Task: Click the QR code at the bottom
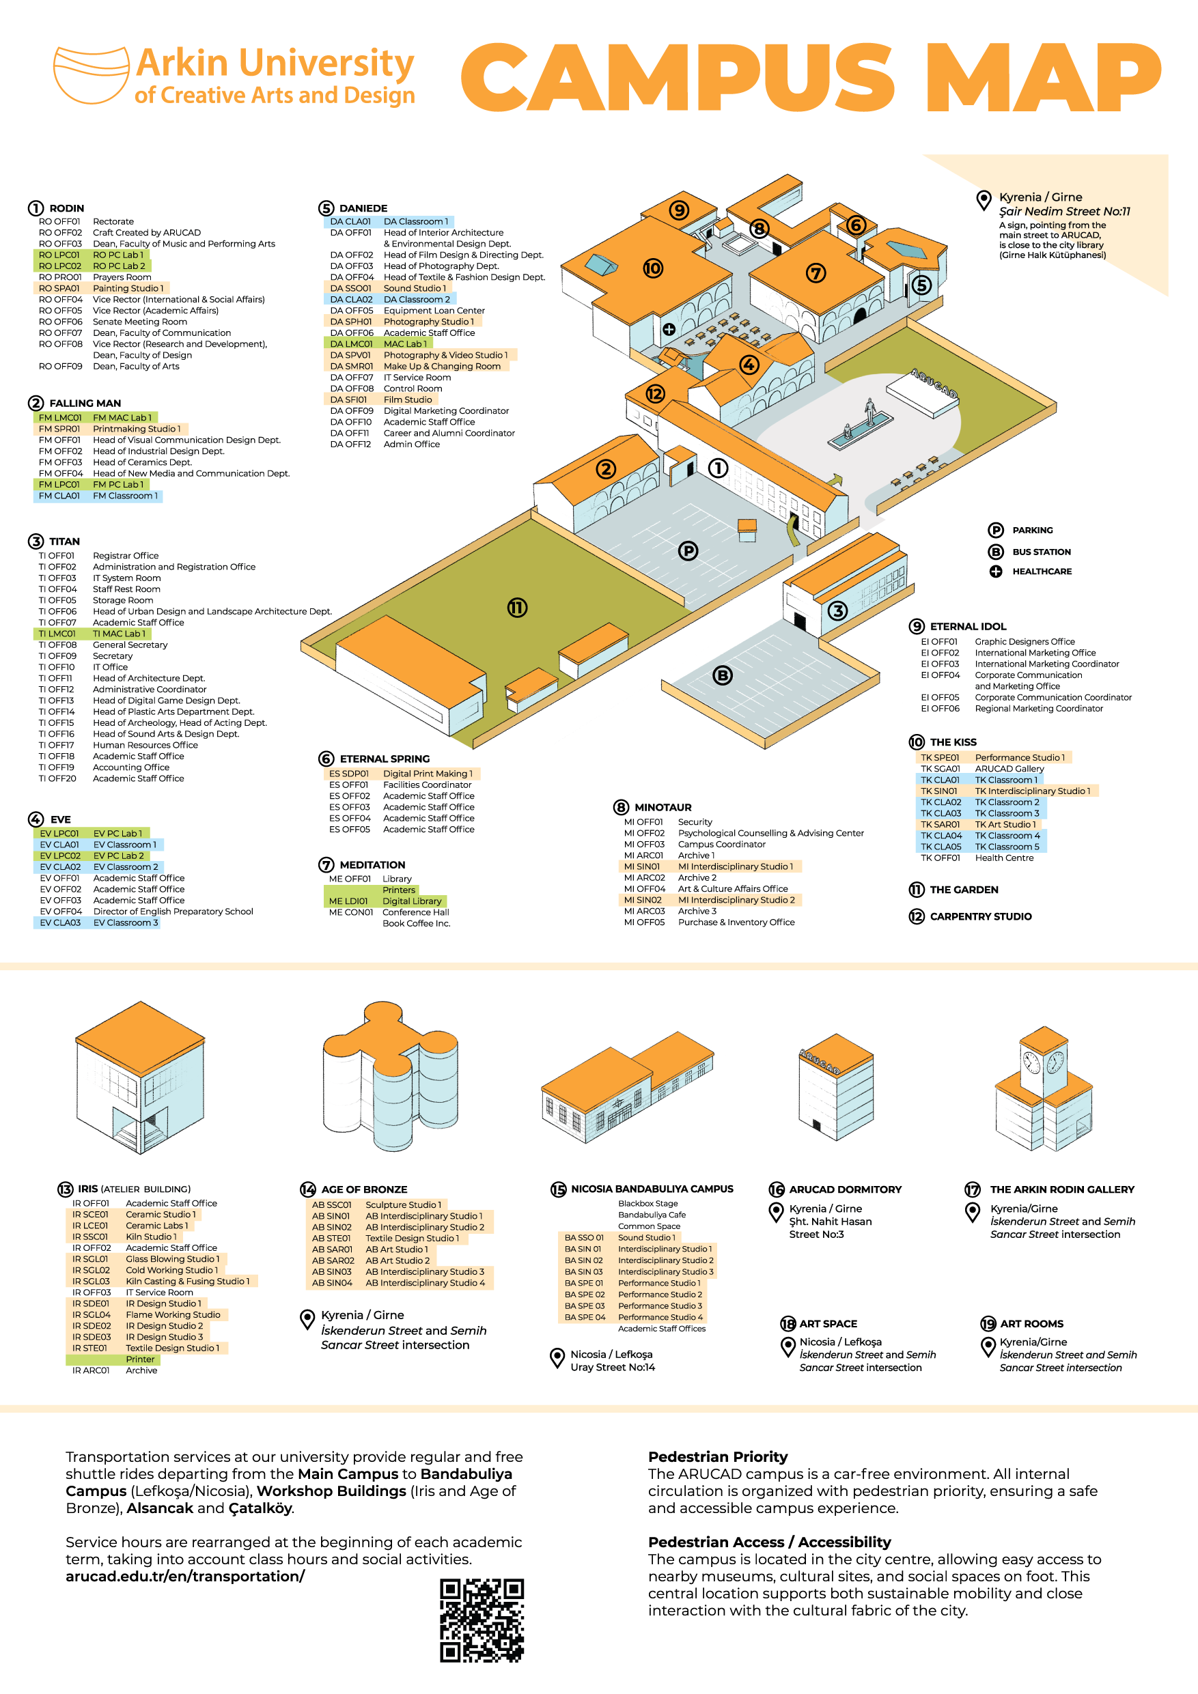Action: (x=482, y=1620)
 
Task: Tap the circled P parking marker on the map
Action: (x=688, y=550)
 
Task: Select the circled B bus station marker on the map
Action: (x=723, y=675)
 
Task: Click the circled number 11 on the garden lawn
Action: (x=517, y=608)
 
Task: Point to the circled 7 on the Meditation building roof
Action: (x=816, y=273)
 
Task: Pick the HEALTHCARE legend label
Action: (x=1042, y=571)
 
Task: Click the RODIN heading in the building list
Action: (x=66, y=208)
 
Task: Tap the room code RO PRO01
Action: (x=60, y=277)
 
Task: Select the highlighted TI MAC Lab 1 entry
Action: (x=118, y=634)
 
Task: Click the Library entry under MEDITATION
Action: (x=397, y=879)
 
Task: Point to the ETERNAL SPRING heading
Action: (x=384, y=759)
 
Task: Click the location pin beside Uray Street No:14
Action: (x=558, y=1357)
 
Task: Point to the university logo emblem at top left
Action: (x=91, y=75)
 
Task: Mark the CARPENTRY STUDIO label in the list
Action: (x=980, y=916)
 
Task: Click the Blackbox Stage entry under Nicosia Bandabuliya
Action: (x=647, y=1203)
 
